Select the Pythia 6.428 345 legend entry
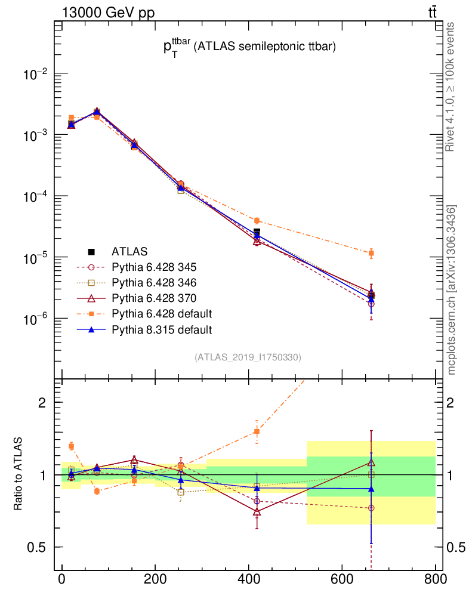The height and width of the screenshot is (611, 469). tap(154, 267)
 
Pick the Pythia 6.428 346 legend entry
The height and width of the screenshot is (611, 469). tap(154, 282)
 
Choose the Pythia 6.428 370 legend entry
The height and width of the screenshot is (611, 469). tap(154, 298)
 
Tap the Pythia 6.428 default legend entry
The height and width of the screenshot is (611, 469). tap(162, 313)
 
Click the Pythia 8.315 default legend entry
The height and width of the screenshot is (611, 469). tap(162, 329)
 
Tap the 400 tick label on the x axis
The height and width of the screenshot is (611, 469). tap(249, 579)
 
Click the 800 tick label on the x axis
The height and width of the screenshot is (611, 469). tap(435, 579)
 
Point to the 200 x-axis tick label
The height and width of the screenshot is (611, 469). tap(155, 579)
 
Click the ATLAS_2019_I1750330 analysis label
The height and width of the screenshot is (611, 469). tap(248, 357)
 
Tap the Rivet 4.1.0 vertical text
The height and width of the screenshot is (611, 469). tap(451, 87)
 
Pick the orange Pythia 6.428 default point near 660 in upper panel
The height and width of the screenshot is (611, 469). tap(371, 253)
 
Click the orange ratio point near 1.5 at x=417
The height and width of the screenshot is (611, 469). tap(257, 431)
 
